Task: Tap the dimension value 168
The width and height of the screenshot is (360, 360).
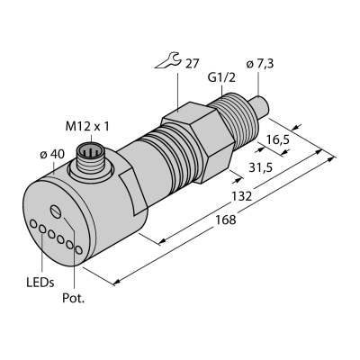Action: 226,220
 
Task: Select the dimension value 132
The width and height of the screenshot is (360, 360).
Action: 241,196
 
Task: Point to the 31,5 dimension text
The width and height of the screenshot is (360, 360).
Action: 261,168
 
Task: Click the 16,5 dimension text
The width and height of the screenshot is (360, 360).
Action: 277,139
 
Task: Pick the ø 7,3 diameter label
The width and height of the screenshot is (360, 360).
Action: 259,64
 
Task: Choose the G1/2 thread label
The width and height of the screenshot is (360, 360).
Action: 221,77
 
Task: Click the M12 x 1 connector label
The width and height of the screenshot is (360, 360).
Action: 87,127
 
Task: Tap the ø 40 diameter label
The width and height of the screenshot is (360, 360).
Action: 52,154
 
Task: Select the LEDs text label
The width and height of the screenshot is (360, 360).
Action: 40,283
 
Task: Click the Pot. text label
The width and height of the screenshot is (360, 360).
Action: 74,298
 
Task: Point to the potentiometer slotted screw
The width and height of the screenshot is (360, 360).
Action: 56,211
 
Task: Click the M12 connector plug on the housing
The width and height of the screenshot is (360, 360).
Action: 90,157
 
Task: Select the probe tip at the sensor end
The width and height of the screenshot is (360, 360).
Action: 260,105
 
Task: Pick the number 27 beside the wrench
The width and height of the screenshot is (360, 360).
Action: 193,64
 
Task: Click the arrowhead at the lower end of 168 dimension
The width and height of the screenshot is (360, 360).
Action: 117,282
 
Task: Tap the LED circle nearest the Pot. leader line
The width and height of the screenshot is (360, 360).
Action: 79,249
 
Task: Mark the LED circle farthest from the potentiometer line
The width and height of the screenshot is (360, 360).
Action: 33,223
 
